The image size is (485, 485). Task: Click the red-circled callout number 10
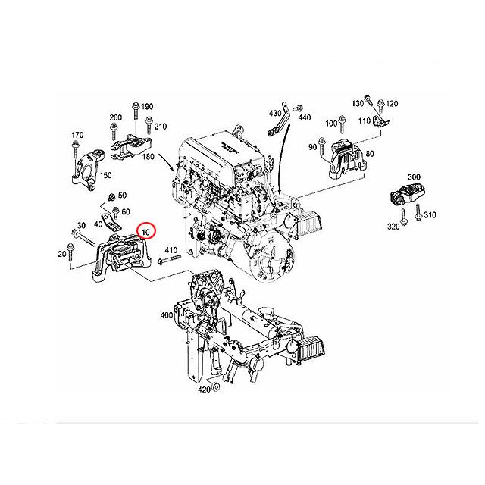(145, 232)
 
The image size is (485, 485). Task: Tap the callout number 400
(167, 315)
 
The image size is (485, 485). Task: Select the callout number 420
(204, 390)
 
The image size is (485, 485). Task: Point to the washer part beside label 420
(216, 386)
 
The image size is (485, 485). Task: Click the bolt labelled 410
(169, 259)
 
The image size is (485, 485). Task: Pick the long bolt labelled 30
(83, 238)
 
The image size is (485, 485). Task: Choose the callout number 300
(414, 177)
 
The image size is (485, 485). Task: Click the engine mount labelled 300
(407, 194)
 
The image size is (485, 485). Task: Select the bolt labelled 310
(418, 212)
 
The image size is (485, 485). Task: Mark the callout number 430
(275, 113)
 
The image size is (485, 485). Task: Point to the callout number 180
(148, 157)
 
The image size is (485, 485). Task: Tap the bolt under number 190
(136, 111)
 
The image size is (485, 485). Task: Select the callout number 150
(105, 175)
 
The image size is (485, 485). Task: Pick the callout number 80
(370, 154)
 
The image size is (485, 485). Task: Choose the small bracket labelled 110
(380, 121)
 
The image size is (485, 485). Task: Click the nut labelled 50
(112, 196)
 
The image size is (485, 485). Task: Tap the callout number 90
(312, 147)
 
